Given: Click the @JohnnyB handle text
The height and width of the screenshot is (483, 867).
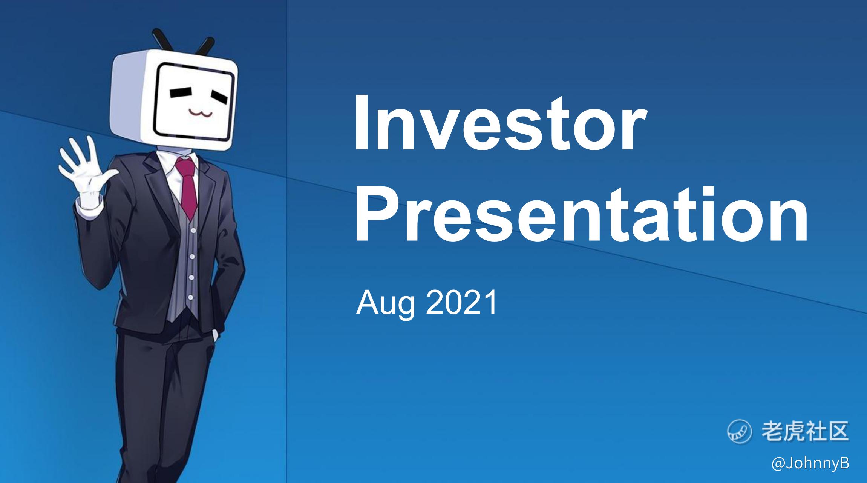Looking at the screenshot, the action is click(x=810, y=464).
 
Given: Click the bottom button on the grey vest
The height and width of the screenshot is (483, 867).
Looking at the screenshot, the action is click(x=191, y=297).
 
